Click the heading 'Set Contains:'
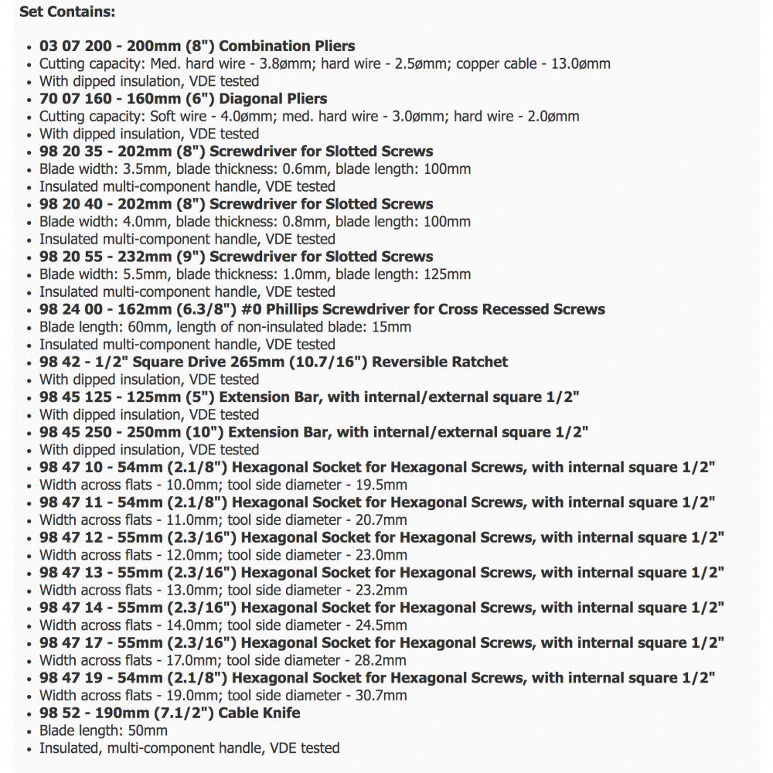click(x=67, y=12)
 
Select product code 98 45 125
click(x=75, y=397)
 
